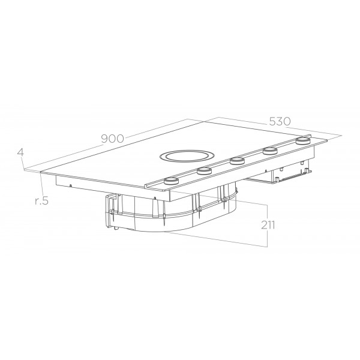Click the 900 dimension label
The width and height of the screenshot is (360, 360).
[x=113, y=139]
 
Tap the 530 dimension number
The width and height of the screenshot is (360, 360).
[x=280, y=121]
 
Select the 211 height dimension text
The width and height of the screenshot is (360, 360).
[x=268, y=225]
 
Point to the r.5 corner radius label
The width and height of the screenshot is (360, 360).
[x=42, y=200]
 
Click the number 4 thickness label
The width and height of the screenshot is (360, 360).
[x=20, y=152]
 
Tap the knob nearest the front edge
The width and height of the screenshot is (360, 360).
[x=171, y=181]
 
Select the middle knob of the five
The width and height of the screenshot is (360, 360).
[x=238, y=160]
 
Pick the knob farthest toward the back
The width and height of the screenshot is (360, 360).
[x=303, y=140]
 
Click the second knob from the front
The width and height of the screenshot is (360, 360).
[x=204, y=170]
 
